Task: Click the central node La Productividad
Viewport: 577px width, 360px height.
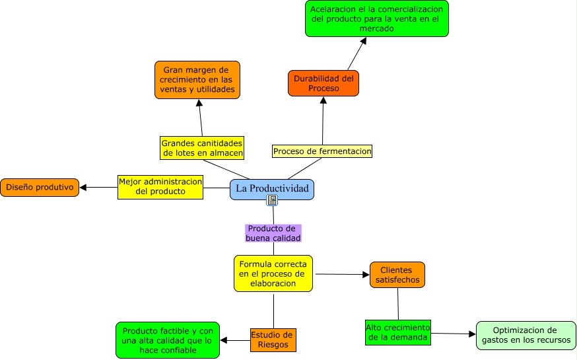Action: click(272, 189)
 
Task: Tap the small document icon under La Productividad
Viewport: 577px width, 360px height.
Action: click(272, 200)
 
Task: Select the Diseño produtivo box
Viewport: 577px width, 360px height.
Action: click(40, 187)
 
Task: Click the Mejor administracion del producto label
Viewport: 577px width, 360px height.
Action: click(160, 186)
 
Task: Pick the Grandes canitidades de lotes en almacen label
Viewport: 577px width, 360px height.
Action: click(203, 148)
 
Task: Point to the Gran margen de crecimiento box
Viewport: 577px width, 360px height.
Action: click(197, 80)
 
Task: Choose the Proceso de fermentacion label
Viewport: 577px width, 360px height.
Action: click(322, 151)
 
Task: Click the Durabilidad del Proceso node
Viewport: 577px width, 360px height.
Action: click(323, 83)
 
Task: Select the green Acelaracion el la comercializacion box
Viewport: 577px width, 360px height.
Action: click(377, 18)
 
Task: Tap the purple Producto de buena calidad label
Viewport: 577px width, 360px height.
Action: click(273, 233)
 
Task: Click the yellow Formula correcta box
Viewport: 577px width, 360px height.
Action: click(273, 273)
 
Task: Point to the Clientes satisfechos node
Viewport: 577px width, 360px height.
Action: click(397, 275)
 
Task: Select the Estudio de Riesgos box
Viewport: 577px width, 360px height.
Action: click(273, 340)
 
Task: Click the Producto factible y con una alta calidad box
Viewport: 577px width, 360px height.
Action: click(168, 340)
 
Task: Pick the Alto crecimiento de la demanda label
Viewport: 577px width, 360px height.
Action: click(398, 333)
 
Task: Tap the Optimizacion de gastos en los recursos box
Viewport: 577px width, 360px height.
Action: click(526, 335)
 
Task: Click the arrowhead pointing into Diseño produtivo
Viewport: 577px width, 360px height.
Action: click(84, 187)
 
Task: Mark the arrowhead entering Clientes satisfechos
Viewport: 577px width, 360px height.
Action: click(364, 274)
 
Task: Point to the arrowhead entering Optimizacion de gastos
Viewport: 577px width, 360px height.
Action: click(471, 334)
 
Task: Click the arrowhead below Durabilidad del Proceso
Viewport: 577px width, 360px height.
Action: click(323, 100)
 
